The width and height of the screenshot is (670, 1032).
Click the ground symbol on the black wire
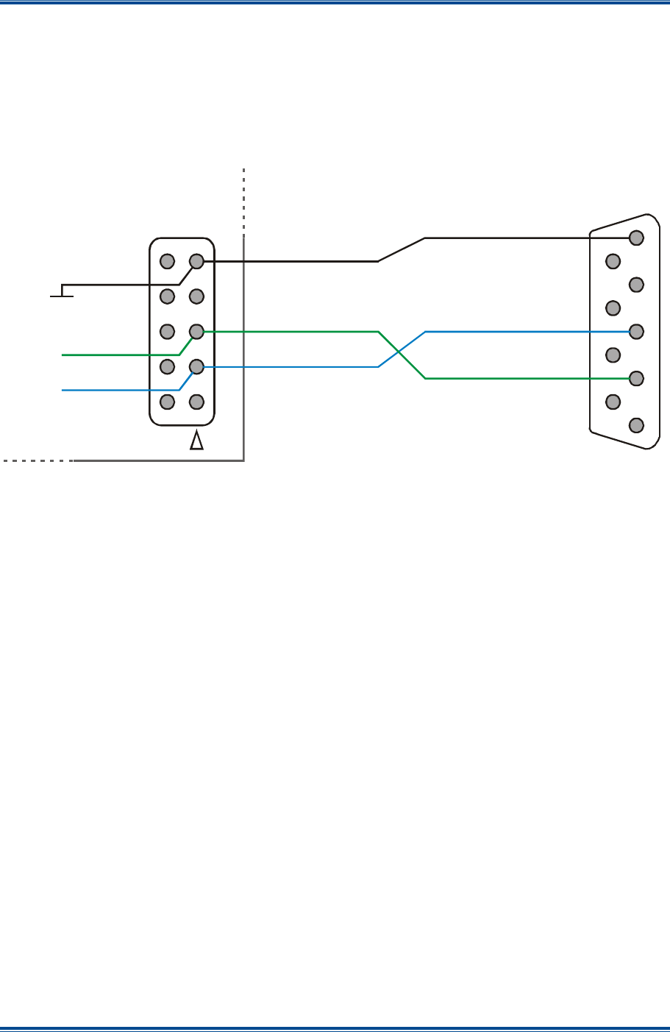(x=62, y=294)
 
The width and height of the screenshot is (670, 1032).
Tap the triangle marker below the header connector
(x=196, y=441)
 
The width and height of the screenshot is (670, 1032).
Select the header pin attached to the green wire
(x=196, y=332)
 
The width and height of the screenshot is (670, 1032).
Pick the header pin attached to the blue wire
(x=196, y=366)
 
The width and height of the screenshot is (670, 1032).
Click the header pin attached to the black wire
(x=196, y=261)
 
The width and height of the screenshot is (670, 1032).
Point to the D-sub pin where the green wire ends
(x=636, y=378)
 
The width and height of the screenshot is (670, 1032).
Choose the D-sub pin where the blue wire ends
(x=636, y=331)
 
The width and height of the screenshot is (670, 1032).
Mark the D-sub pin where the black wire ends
(x=636, y=238)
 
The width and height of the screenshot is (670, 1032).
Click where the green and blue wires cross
(x=402, y=355)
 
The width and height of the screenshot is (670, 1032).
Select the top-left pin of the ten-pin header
(x=168, y=261)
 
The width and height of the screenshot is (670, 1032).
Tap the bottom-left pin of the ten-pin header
(x=168, y=402)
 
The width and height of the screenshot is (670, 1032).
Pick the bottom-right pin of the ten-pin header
(x=196, y=402)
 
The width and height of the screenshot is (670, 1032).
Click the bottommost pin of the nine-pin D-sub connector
(x=636, y=425)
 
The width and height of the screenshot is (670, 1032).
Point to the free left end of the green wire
(x=63, y=355)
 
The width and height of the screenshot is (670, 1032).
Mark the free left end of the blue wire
(x=63, y=390)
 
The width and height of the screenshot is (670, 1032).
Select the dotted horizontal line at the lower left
(x=37, y=461)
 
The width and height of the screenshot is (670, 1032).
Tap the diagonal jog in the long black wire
(x=402, y=249)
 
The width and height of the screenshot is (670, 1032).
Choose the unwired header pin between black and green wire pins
(x=196, y=296)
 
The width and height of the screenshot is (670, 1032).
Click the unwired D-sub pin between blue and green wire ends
(x=613, y=355)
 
